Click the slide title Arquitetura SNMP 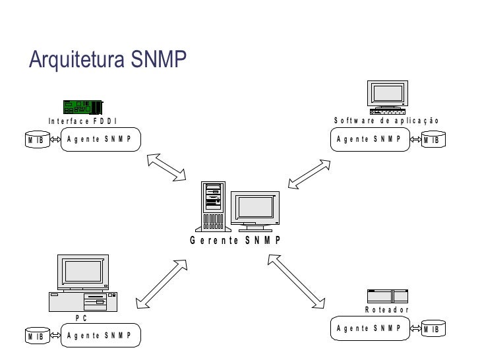tap(108, 60)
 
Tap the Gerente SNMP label tap(236, 240)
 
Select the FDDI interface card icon tap(83, 107)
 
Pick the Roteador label tap(387, 310)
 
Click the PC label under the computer tap(81, 318)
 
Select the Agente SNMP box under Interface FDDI tap(100, 139)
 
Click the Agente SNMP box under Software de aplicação tap(369, 139)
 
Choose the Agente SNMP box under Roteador tap(369, 328)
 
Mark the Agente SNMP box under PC tap(100, 336)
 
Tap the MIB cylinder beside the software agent tap(433, 140)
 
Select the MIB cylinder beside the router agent tap(433, 329)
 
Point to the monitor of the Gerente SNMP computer tap(255, 209)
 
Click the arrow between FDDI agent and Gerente tap(167, 167)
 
